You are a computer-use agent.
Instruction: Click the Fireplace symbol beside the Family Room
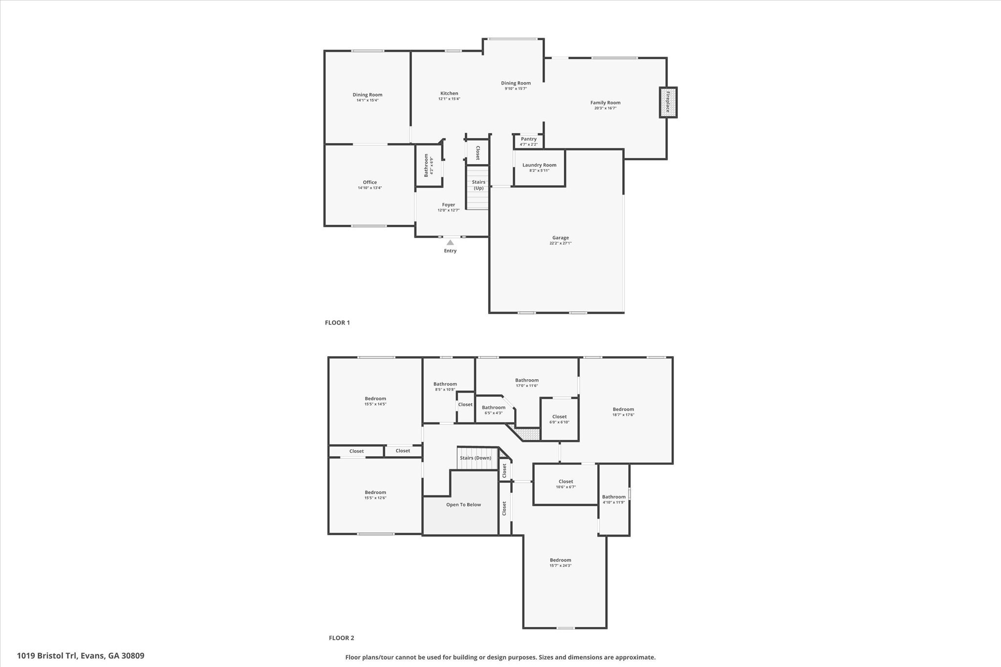[668, 103]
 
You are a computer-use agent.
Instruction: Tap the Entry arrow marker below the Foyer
[450, 242]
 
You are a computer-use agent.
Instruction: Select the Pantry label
[528, 139]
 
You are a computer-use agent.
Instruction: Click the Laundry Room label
[539, 165]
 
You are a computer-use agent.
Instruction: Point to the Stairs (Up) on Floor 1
[478, 185]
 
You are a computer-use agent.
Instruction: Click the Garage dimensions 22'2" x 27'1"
[560, 243]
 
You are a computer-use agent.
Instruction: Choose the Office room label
[370, 182]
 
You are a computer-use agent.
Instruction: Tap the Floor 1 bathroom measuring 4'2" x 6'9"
[429, 165]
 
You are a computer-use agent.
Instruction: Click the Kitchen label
[449, 93]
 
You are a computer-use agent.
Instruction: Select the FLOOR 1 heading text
[337, 323]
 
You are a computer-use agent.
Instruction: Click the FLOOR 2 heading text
[341, 638]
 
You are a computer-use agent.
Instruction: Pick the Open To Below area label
[463, 505]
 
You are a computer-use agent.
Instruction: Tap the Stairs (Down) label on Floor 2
[475, 458]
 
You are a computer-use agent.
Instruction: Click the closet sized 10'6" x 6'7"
[566, 484]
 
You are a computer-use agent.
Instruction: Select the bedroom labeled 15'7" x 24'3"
[560, 563]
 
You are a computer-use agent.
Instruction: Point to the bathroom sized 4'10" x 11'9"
[613, 499]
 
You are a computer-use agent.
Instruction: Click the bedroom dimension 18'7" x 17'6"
[623, 415]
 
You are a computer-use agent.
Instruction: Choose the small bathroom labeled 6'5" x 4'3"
[493, 410]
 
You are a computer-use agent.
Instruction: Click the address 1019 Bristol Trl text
[81, 656]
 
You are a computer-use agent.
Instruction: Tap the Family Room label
[605, 103]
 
